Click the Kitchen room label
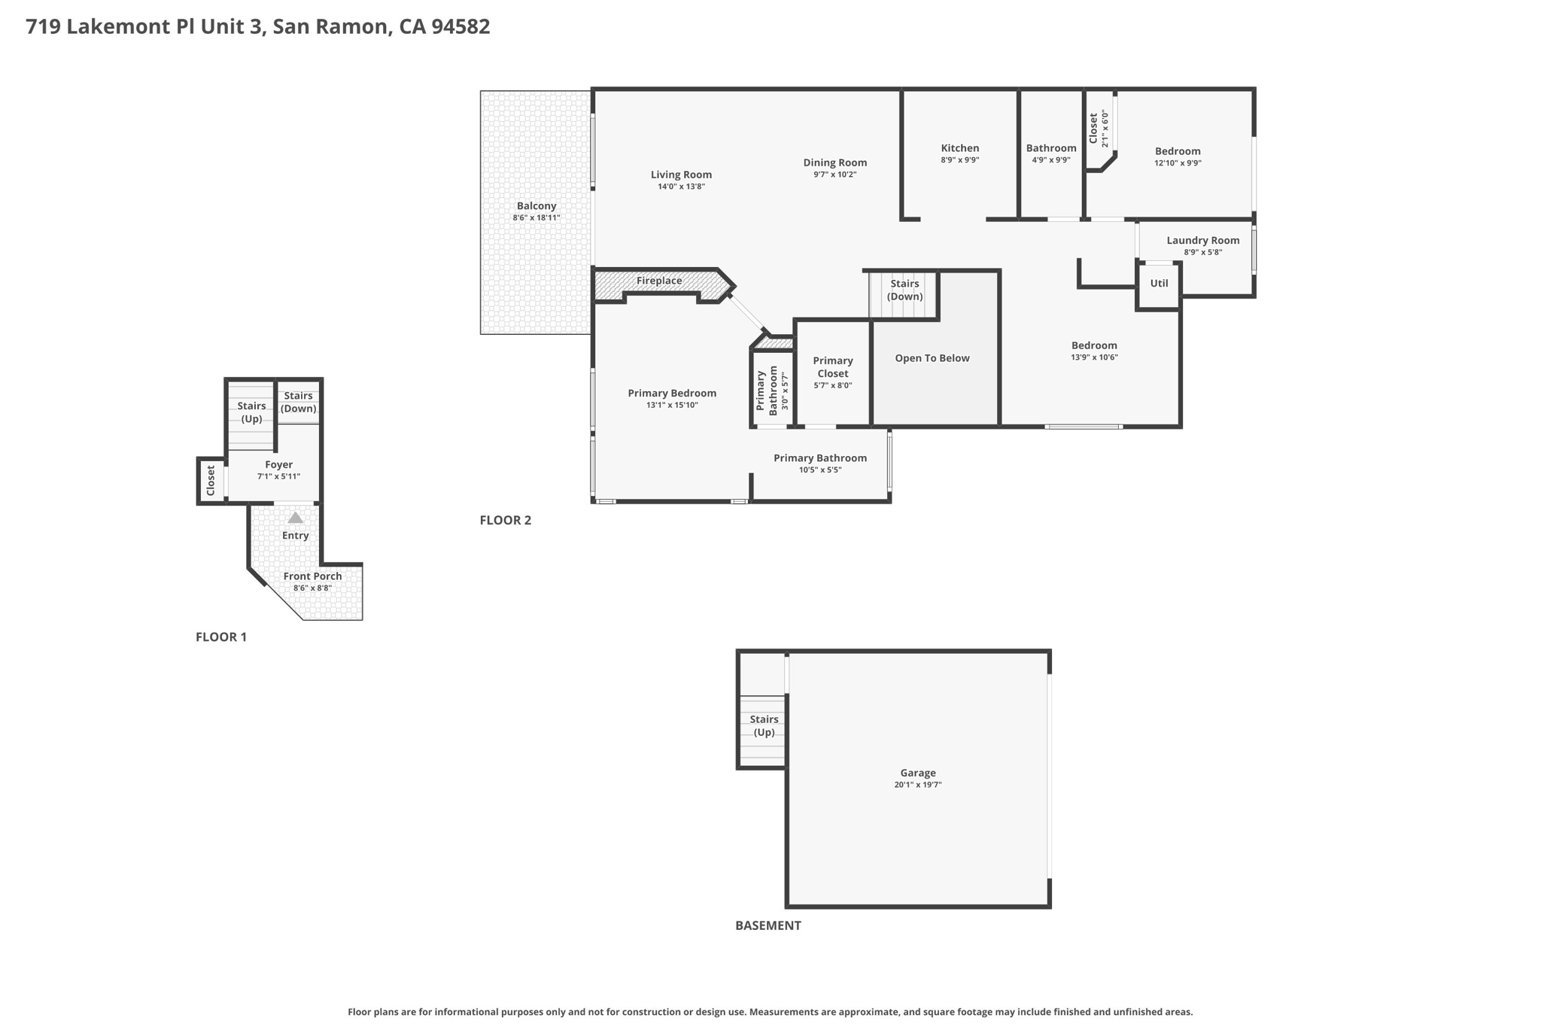(x=959, y=148)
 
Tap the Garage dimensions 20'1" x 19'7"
(x=917, y=785)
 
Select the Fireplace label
(x=659, y=281)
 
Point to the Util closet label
(x=1159, y=284)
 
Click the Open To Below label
(x=932, y=358)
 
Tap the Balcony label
(x=536, y=206)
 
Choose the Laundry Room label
(x=1202, y=241)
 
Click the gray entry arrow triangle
(x=296, y=518)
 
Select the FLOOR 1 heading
(x=221, y=637)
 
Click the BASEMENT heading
(x=767, y=925)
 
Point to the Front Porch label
(x=312, y=576)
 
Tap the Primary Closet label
(x=832, y=367)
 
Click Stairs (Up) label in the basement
(x=764, y=726)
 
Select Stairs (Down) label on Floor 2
(x=904, y=290)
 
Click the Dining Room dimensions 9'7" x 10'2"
(x=834, y=175)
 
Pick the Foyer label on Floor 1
(x=278, y=465)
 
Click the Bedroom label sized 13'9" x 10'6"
(x=1094, y=346)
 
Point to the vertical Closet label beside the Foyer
(x=211, y=481)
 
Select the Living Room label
(x=681, y=175)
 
